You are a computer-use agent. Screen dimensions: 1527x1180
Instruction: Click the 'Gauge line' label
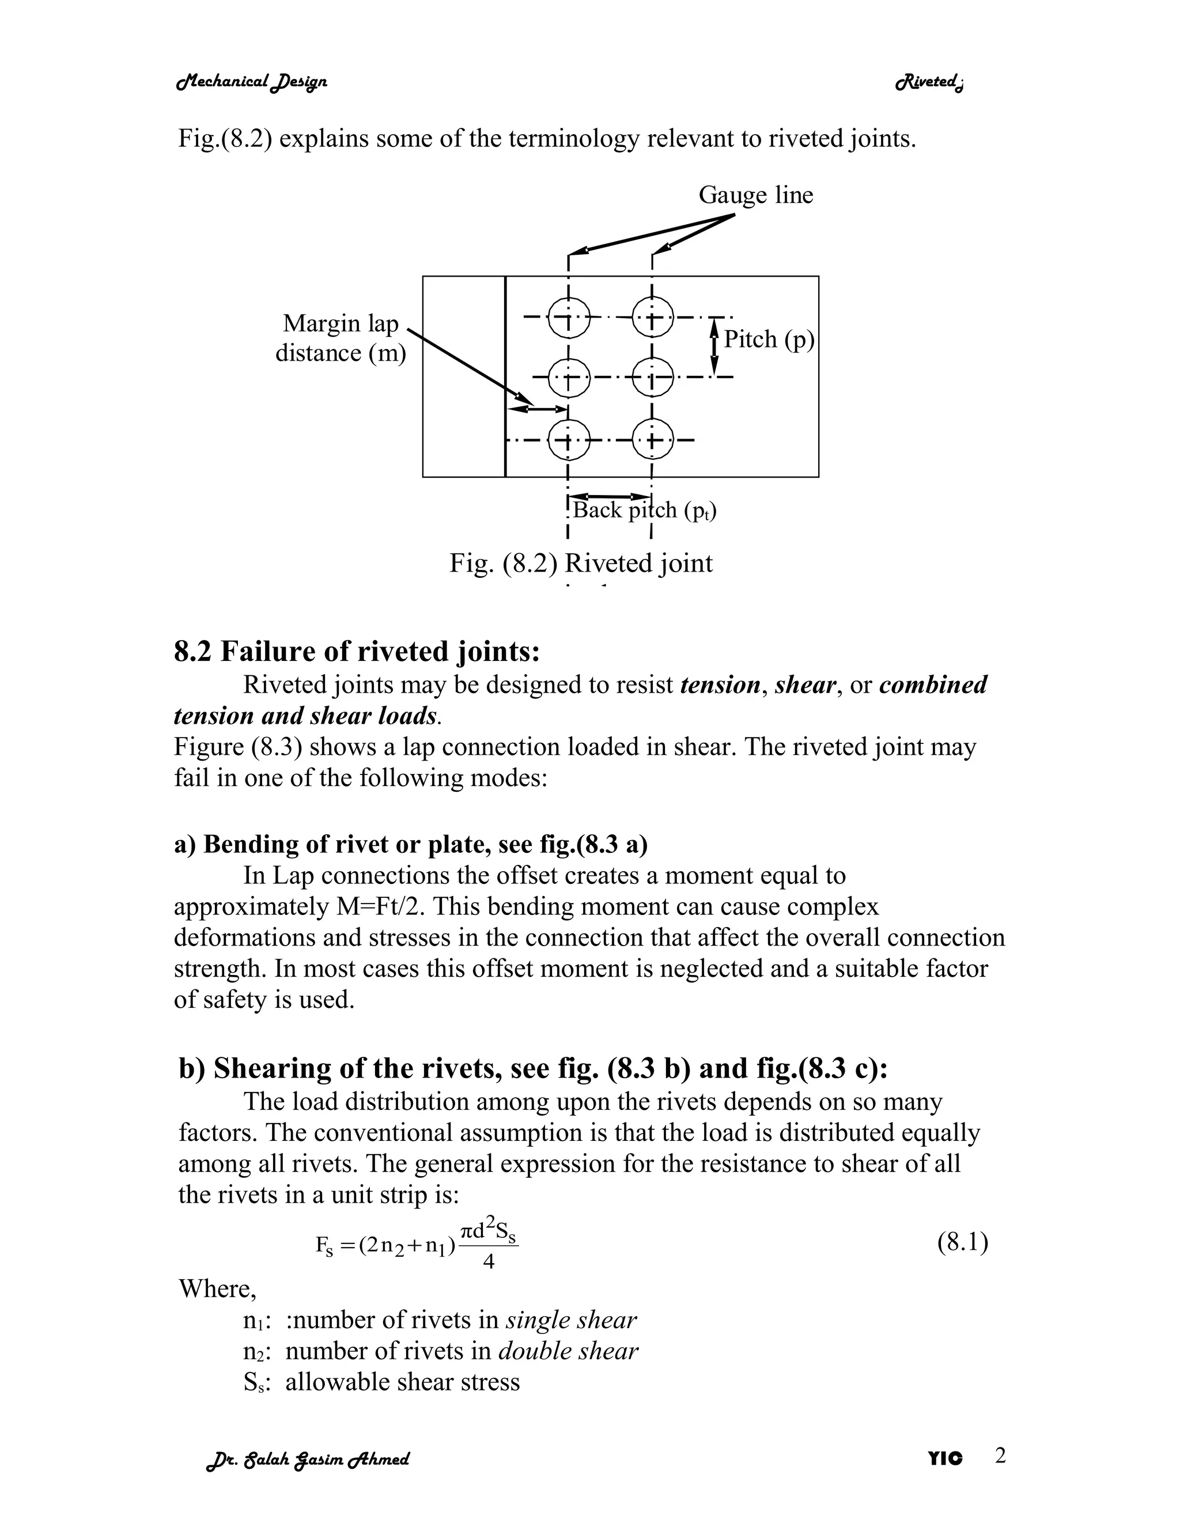[x=756, y=195]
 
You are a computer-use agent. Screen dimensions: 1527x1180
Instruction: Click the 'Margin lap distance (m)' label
[x=341, y=338]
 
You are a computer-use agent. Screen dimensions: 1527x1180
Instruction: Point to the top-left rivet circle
[x=568, y=318]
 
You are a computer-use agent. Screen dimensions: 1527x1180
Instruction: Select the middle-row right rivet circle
[x=652, y=377]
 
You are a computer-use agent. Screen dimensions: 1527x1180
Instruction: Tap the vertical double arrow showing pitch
[x=714, y=347]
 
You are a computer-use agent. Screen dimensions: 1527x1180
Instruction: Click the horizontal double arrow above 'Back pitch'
[x=610, y=496]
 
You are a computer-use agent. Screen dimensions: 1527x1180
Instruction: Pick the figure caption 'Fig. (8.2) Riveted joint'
[x=580, y=564]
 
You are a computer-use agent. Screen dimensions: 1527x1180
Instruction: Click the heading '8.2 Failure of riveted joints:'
[x=357, y=652]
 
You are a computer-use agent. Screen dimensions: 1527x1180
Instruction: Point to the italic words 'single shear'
[x=570, y=1320]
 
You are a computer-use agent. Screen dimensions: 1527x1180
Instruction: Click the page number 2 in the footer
[x=1000, y=1456]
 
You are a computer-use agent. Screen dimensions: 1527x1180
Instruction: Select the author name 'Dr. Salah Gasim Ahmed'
[x=308, y=1459]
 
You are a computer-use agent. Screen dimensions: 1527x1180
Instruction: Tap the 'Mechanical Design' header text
[x=252, y=82]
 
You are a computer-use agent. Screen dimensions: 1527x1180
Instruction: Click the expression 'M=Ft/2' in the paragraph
[x=376, y=907]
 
